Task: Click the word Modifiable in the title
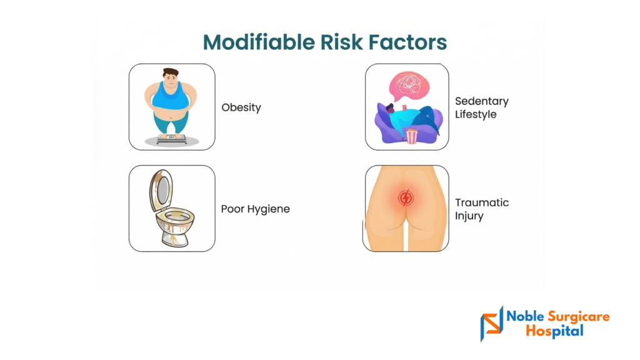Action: click(x=259, y=42)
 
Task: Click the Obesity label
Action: click(x=241, y=107)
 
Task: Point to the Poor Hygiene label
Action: click(x=256, y=209)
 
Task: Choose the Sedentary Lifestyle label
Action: click(x=482, y=107)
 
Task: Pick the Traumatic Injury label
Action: click(x=482, y=209)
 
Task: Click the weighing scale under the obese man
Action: click(x=172, y=139)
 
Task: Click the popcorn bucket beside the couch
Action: click(x=412, y=136)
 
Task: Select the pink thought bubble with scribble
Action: click(x=409, y=86)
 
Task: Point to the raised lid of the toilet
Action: click(x=162, y=190)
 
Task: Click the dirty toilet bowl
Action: click(x=175, y=226)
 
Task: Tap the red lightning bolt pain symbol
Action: click(x=406, y=198)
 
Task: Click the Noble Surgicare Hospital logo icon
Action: click(x=492, y=324)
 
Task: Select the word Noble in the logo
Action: click(x=525, y=316)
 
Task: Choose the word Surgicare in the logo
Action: click(x=578, y=317)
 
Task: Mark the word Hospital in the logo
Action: click(x=555, y=331)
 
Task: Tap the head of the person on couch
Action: click(x=390, y=109)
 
